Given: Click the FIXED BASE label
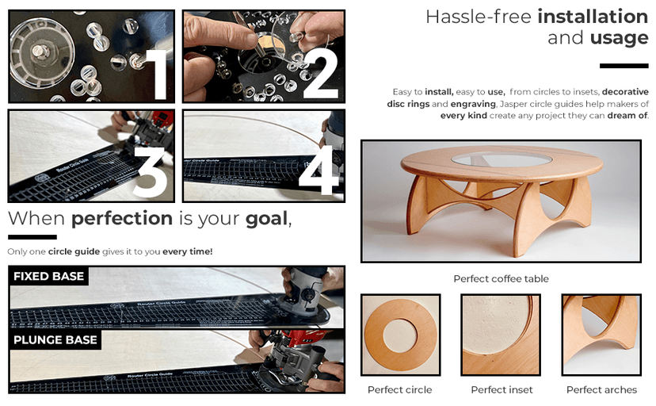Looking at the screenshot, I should click(x=48, y=277).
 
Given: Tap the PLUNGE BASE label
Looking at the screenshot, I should click(x=55, y=340).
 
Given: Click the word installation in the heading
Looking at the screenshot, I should click(x=593, y=17).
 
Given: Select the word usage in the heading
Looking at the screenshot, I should click(x=620, y=38).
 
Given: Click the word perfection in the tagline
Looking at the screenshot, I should click(x=122, y=219).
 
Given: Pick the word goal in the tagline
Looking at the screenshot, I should click(x=266, y=219).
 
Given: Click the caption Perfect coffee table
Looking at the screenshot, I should click(x=501, y=279).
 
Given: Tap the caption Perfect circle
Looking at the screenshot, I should click(x=400, y=390).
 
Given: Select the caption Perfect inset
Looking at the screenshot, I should click(x=502, y=390).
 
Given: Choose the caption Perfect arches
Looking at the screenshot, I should click(x=601, y=390).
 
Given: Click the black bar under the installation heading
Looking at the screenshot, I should click(x=624, y=66).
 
